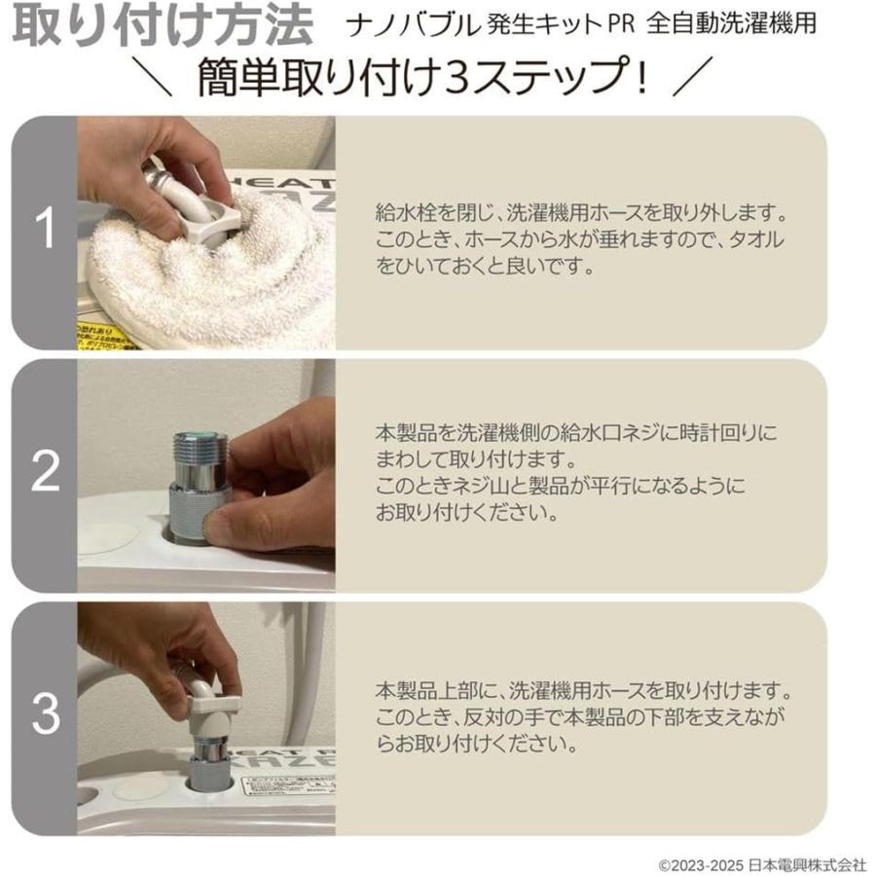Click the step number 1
(45, 230)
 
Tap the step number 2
(45, 473)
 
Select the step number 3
(45, 715)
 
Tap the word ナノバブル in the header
(403, 24)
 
